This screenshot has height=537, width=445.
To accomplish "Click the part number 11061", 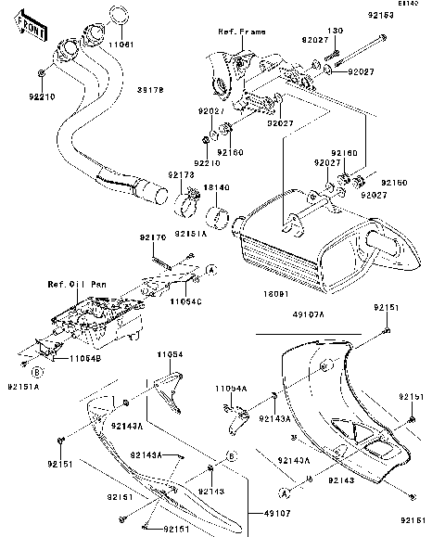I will [121, 44].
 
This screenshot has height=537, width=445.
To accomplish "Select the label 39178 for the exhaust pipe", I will [151, 90].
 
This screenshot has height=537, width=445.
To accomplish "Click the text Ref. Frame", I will [241, 32].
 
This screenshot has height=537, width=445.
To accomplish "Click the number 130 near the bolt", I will [335, 29].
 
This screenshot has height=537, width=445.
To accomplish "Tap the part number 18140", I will [216, 187].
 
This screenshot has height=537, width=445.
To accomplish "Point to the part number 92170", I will [154, 237].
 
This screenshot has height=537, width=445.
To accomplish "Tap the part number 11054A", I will [230, 389].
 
